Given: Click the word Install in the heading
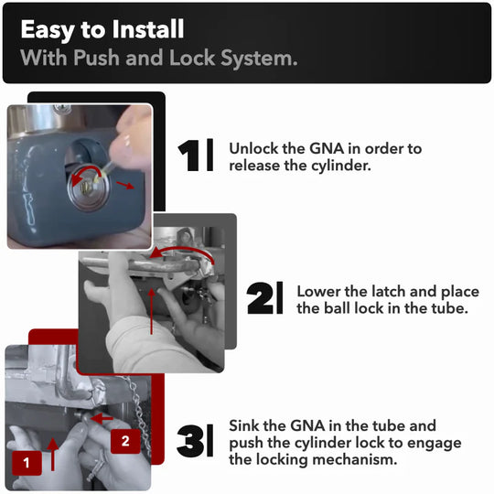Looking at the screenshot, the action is coord(148,29).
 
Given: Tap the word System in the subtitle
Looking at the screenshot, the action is coord(259,59).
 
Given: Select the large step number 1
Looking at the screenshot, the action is coord(188,156).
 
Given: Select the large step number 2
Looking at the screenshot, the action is coord(260,298).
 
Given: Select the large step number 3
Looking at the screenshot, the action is coord(190,441).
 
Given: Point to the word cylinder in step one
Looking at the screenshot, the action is coord(341,166).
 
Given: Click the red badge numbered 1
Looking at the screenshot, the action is coord(27,463).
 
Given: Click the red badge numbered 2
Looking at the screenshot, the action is coord(125,441).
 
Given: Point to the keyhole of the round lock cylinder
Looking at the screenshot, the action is coord(84,188).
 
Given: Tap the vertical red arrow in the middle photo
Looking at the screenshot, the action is coord(152,311).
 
